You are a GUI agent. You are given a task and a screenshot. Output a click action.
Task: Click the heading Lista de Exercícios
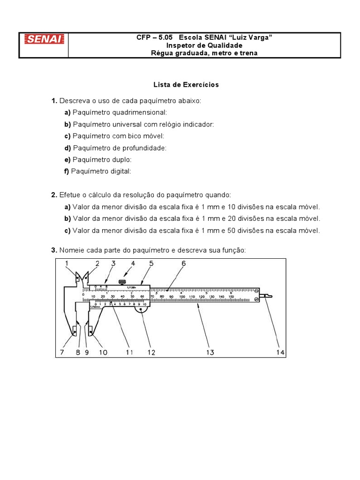click(186, 85)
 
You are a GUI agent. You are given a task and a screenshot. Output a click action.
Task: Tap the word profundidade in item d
click(143, 148)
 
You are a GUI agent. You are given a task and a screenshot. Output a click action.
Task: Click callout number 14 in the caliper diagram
click(280, 352)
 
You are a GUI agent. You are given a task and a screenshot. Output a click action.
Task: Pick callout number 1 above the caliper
click(67, 263)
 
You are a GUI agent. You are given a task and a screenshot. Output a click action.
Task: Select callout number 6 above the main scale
click(183, 263)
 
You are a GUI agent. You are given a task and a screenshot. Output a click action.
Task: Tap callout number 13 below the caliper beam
click(210, 352)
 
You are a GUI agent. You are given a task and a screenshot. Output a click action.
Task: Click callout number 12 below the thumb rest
click(150, 352)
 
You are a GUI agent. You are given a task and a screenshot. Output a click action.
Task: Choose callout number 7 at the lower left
click(62, 352)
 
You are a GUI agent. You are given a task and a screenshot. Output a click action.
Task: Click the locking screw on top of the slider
click(123, 282)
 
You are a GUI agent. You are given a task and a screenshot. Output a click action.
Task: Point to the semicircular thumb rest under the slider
click(141, 309)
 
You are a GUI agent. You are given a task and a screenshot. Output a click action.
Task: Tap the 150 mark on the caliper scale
click(231, 297)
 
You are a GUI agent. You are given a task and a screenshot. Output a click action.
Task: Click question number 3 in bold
click(54, 251)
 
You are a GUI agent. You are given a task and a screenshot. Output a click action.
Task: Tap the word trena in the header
click(249, 53)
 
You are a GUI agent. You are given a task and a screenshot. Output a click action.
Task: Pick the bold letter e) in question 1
click(67, 160)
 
